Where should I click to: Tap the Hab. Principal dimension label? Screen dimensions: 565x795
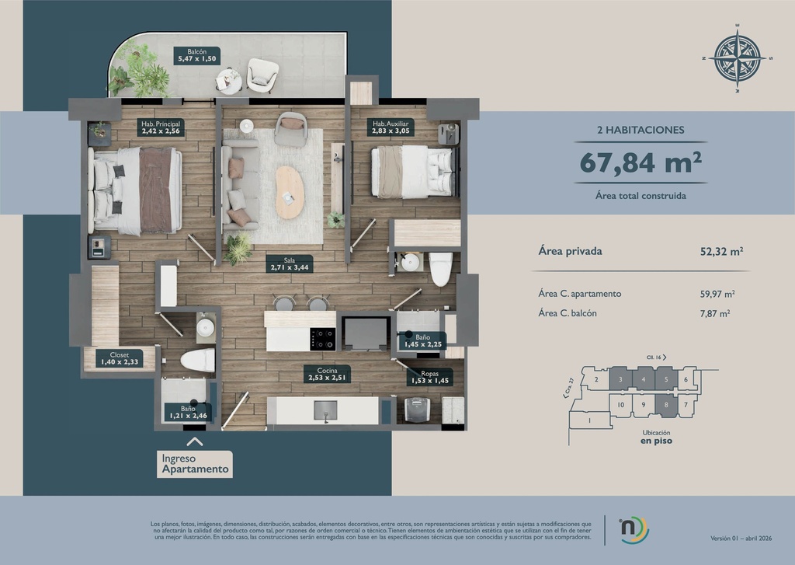click(x=160, y=127)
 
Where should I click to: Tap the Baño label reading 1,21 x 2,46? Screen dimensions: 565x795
click(x=188, y=412)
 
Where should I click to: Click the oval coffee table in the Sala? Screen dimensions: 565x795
click(x=290, y=192)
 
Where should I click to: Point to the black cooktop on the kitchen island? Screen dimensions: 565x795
click(x=323, y=339)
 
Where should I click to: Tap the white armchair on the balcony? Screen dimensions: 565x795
click(x=262, y=75)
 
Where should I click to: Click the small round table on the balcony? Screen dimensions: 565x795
click(x=229, y=79)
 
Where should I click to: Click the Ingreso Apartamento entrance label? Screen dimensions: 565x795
click(x=195, y=464)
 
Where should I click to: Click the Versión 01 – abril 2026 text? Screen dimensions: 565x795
click(x=743, y=538)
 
